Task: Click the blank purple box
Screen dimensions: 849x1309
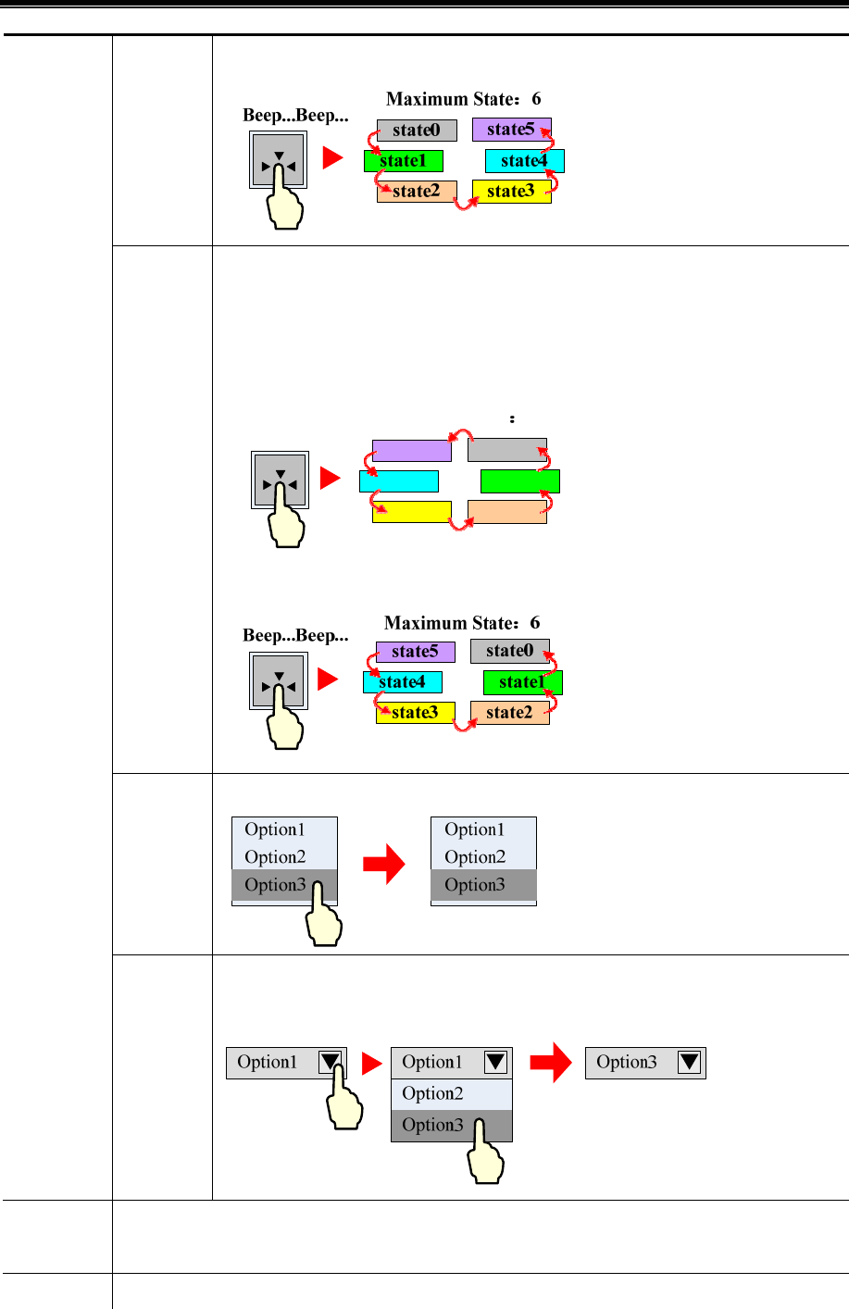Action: click(x=411, y=451)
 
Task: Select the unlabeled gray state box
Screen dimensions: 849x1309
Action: click(x=506, y=451)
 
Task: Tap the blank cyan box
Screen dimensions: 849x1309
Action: click(x=398, y=481)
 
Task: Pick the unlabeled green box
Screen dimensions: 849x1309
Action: click(x=520, y=481)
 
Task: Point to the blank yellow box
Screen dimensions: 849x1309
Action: click(x=411, y=512)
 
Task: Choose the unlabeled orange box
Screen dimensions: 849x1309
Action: click(x=506, y=512)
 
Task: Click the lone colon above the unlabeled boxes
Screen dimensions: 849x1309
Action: click(x=512, y=419)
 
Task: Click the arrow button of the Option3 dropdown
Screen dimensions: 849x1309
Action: click(x=690, y=1062)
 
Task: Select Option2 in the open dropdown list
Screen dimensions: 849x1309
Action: click(x=451, y=1093)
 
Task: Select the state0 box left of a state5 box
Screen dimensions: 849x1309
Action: click(x=417, y=131)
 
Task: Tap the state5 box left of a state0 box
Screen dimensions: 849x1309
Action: click(x=415, y=652)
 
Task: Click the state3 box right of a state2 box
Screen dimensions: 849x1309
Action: click(x=511, y=192)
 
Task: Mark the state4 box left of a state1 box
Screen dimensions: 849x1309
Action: click(x=402, y=682)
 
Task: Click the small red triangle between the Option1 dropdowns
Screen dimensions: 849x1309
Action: click(x=372, y=1064)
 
